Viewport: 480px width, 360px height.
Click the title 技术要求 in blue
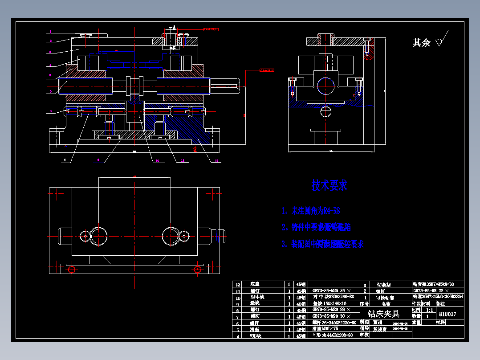coord(329,185)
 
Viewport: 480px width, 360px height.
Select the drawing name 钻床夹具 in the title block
coord(383,314)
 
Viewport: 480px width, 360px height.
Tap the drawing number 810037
coord(447,314)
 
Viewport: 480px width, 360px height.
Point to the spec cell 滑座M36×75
coord(325,328)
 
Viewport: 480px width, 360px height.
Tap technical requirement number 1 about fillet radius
coord(311,211)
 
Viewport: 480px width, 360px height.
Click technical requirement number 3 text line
coord(323,244)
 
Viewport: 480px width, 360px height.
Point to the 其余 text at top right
coord(421,43)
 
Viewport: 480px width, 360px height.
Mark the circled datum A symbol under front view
coord(195,150)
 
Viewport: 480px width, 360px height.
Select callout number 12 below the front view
coord(216,160)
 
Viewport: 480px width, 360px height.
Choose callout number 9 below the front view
coord(98,160)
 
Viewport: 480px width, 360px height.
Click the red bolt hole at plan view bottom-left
coord(71,269)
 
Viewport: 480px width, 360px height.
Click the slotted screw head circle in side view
coord(326,111)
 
